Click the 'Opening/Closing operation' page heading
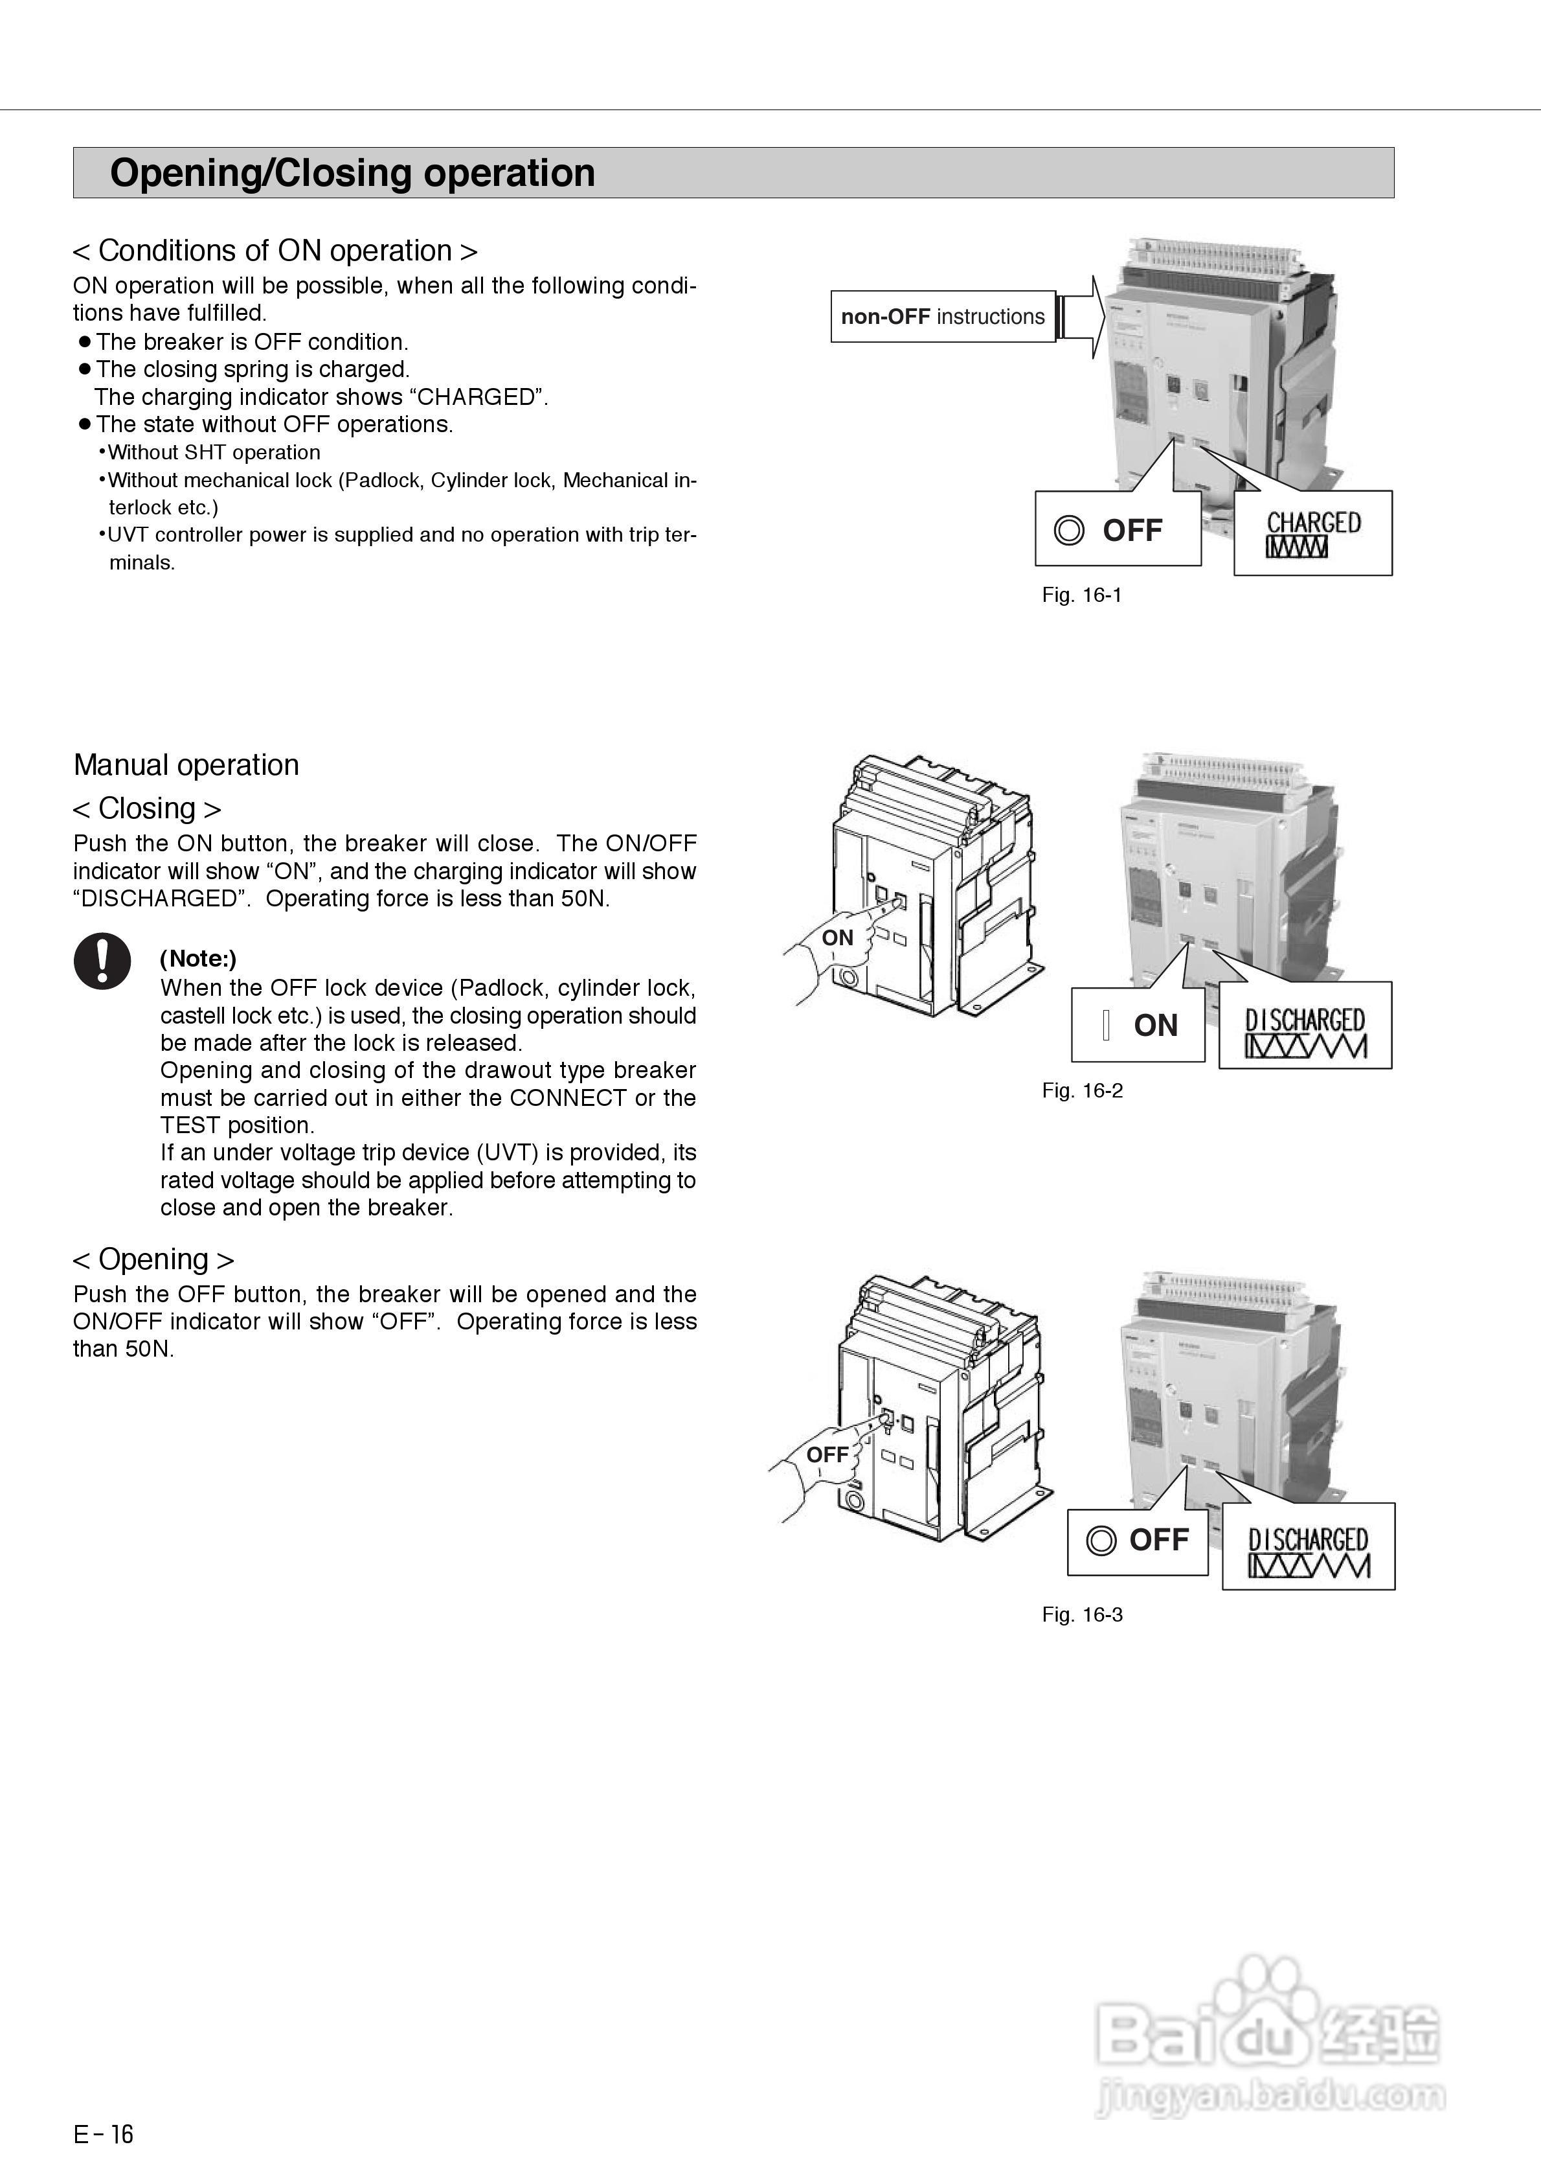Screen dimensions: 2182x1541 coord(352,173)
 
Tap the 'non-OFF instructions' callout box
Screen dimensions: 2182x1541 coord(943,316)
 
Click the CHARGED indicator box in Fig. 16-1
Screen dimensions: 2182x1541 coord(1313,533)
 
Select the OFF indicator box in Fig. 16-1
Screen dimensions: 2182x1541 coord(1118,529)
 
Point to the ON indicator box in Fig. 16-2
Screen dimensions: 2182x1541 coord(1137,1026)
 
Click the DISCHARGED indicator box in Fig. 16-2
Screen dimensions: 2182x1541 coord(1305,1026)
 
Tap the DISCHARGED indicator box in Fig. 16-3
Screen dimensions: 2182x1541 coord(1309,1546)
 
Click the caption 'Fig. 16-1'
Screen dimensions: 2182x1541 coord(1081,595)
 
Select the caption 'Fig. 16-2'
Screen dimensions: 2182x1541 coord(1082,1090)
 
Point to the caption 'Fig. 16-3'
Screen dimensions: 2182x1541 coord(1082,1614)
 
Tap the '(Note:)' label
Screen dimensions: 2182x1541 coord(197,959)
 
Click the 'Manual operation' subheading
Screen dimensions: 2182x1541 coord(186,765)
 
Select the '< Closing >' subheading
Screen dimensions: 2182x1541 coord(147,809)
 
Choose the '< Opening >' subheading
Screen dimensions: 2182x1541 coord(153,1259)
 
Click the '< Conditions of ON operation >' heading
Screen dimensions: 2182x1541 coord(275,251)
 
